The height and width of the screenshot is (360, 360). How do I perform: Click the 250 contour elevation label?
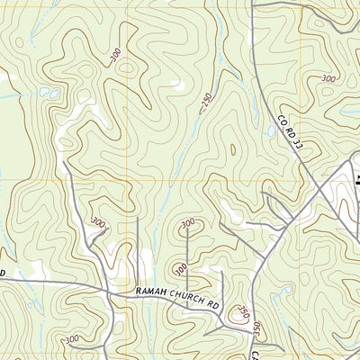tap(209, 101)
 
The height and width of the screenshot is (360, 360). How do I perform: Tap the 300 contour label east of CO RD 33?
tap(328, 79)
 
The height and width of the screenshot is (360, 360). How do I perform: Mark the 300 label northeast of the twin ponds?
tap(116, 56)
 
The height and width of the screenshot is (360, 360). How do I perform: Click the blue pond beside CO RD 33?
tap(270, 130)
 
